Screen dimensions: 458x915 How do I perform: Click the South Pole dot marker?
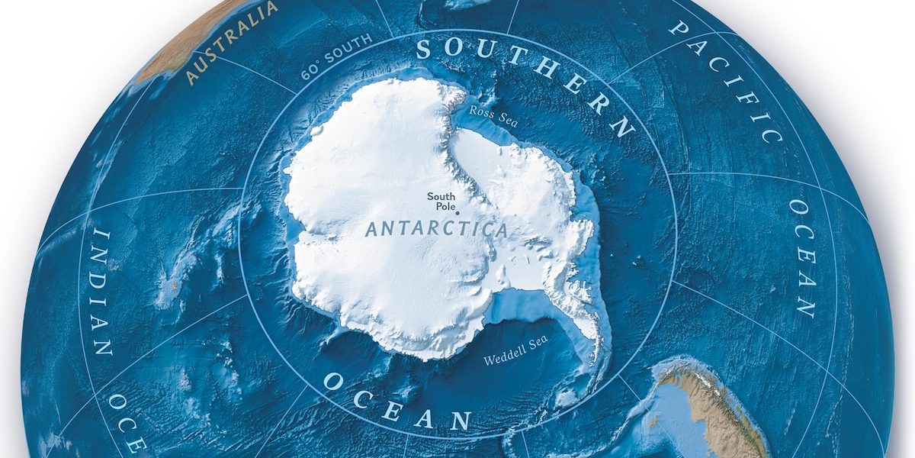point(457,214)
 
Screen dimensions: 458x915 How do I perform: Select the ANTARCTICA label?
point(436,229)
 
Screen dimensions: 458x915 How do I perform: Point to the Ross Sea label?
point(488,111)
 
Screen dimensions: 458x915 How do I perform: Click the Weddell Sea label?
point(516,354)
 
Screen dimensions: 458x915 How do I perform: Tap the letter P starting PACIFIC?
point(678,28)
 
